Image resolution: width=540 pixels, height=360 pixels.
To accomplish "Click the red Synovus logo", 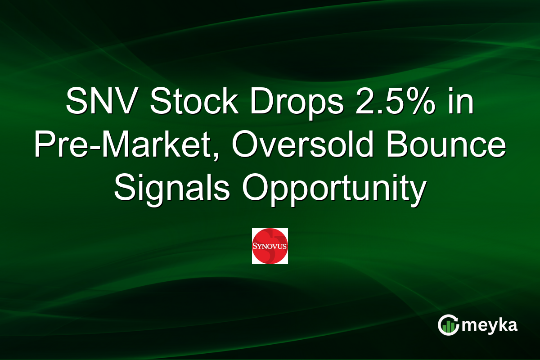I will (270, 246).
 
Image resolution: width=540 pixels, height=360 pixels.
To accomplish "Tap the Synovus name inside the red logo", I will (270, 247).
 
